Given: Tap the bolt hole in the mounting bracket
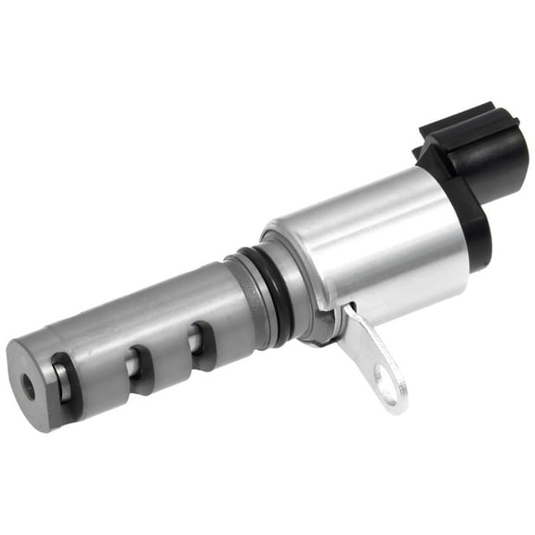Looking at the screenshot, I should (383, 376).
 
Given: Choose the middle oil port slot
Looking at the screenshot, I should (137, 368).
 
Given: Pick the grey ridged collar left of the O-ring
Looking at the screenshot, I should (243, 297).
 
